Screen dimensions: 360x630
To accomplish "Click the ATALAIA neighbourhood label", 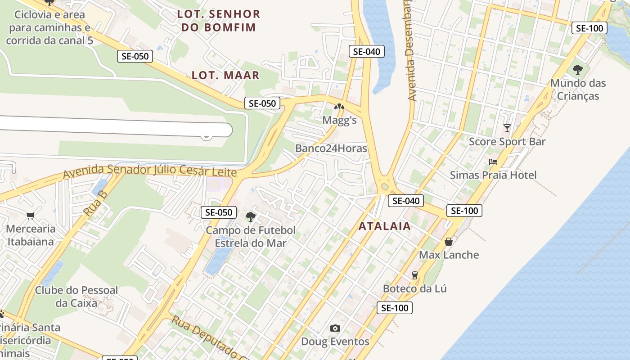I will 385,226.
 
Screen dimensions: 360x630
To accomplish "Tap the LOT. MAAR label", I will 225,75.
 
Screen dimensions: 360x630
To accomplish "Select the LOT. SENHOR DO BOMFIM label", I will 219,21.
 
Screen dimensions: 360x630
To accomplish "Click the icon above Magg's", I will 339,108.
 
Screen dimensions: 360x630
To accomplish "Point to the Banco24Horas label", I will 331,148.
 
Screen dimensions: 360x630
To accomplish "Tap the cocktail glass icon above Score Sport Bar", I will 507,128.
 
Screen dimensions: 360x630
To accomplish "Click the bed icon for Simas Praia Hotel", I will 493,162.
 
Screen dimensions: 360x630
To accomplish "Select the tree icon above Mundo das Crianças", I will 578,70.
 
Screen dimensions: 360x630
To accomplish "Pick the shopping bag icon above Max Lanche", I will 449,242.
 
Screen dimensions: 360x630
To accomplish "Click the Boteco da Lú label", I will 415,288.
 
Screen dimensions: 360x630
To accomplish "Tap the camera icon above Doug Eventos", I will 335,328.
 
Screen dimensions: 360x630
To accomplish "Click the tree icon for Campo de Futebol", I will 251,217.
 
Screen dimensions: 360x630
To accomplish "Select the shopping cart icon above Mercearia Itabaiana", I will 31,216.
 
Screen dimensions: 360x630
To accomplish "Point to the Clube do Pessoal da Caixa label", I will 76,297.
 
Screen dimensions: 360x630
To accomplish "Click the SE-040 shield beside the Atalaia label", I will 406,201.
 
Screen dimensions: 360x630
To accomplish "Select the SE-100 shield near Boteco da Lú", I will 395,308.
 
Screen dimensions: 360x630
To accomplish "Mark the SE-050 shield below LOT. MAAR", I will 262,103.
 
